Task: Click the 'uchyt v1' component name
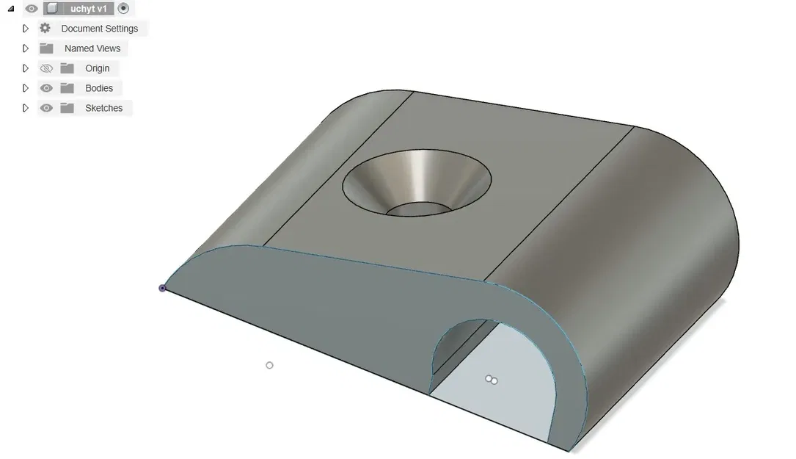click(x=88, y=9)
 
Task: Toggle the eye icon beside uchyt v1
click(x=32, y=9)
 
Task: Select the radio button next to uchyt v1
click(x=123, y=9)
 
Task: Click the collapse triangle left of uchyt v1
click(x=10, y=9)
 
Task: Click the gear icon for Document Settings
click(x=45, y=28)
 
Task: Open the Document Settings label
click(x=99, y=29)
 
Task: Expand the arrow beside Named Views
click(x=26, y=48)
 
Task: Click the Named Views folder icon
click(x=46, y=48)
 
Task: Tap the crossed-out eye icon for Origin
click(x=46, y=68)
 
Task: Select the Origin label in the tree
click(x=97, y=68)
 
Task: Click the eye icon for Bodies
click(x=46, y=88)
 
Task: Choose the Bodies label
click(x=99, y=88)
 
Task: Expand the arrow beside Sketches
click(x=26, y=108)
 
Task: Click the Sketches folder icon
click(x=67, y=108)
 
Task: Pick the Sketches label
click(x=103, y=108)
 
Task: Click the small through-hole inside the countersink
click(x=418, y=210)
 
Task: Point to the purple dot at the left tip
click(x=162, y=288)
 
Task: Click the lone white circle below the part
click(x=269, y=365)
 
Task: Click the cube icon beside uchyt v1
click(x=52, y=9)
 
